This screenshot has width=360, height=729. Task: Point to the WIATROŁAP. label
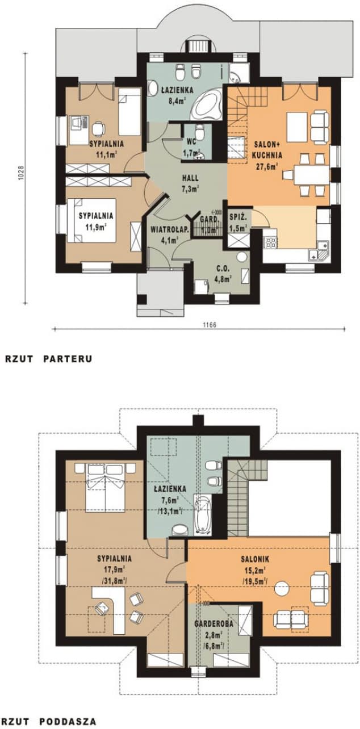(x=165, y=230)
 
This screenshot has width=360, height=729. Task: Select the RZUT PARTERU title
(x=48, y=359)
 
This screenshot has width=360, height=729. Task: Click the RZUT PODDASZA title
(x=51, y=721)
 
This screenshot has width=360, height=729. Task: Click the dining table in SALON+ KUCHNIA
(x=311, y=174)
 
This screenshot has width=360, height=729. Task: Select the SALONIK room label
(x=258, y=558)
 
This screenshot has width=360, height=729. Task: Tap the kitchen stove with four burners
(x=269, y=244)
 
